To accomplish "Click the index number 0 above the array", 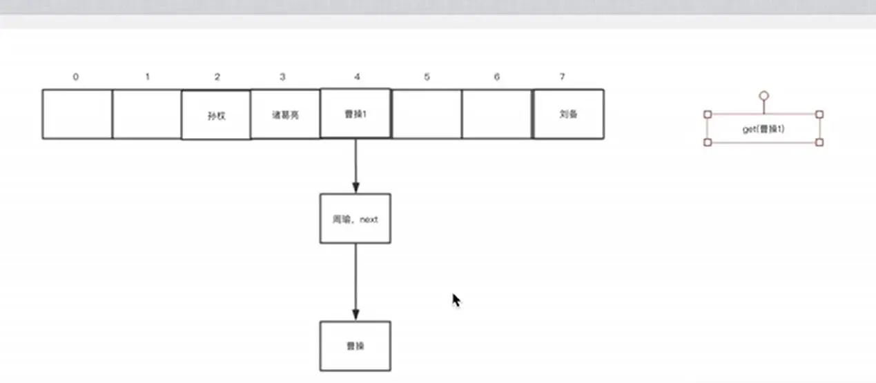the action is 75,77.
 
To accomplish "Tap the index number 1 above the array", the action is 147,77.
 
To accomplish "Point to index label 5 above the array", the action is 427,77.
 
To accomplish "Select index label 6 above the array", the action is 497,77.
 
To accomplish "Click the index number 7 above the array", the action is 563,77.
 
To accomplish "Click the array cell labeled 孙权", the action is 216,115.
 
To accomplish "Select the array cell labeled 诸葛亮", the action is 285,115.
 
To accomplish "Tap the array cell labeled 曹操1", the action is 356,114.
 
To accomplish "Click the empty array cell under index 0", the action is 77,114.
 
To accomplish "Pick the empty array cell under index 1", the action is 146,114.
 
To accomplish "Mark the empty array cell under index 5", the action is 427,114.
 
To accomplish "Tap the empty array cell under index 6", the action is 497,114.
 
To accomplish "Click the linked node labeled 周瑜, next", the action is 355,219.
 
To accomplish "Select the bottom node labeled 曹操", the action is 355,346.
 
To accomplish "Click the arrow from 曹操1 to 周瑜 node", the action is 356,166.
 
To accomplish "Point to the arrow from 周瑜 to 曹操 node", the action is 356,282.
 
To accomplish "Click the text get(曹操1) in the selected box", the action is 763,129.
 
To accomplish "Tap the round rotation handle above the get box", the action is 763,97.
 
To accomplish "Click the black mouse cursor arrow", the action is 456,299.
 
